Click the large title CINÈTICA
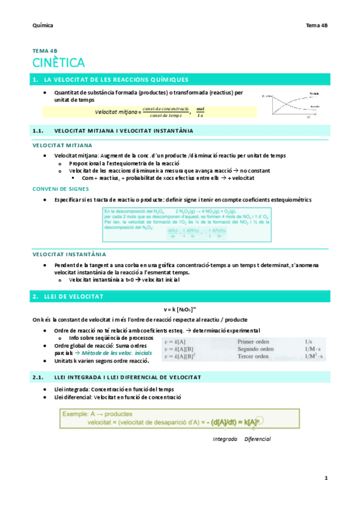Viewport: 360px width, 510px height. (59, 63)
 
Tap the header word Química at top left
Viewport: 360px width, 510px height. (43, 26)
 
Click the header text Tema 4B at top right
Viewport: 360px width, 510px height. (317, 26)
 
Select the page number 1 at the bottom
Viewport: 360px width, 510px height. (326, 478)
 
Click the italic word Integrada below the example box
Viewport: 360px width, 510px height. (225, 438)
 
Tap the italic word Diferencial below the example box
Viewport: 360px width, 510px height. (257, 438)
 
